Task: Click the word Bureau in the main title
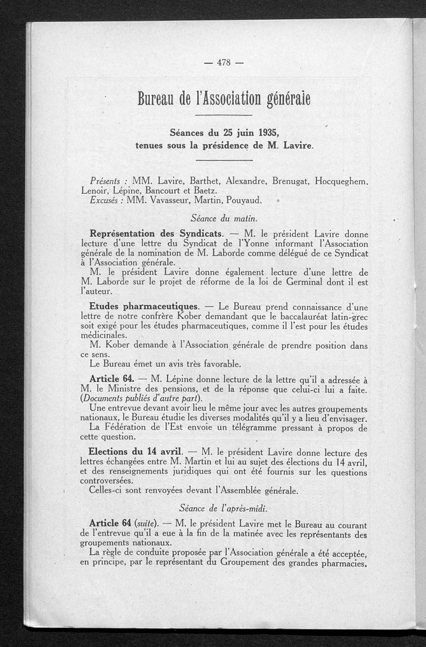[155, 97]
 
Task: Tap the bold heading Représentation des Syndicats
[157, 234]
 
